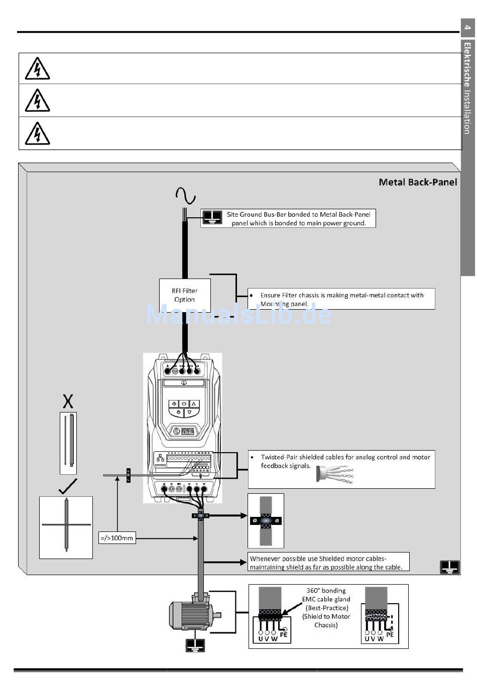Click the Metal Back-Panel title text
pyautogui.click(x=417, y=182)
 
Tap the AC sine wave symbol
pyautogui.click(x=185, y=196)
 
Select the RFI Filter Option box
pyautogui.click(x=185, y=295)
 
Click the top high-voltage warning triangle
pyautogui.click(x=37, y=69)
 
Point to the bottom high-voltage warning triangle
pyautogui.click(x=37, y=133)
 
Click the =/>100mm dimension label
pyautogui.click(x=117, y=538)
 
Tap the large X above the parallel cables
pyautogui.click(x=68, y=401)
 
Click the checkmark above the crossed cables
pyautogui.click(x=68, y=486)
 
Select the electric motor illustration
pyautogui.click(x=194, y=615)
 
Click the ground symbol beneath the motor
pyautogui.click(x=195, y=645)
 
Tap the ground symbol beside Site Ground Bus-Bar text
pyautogui.click(x=212, y=217)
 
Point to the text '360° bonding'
pyautogui.click(x=326, y=591)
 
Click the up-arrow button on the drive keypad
pyautogui.click(x=194, y=403)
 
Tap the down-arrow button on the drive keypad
pyautogui.click(x=189, y=413)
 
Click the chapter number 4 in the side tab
pyautogui.click(x=467, y=28)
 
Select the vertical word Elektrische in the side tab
pyautogui.click(x=467, y=65)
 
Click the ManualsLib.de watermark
pyautogui.click(x=238, y=314)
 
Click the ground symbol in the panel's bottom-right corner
pyautogui.click(x=449, y=567)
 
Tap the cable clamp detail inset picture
pyautogui.click(x=266, y=520)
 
